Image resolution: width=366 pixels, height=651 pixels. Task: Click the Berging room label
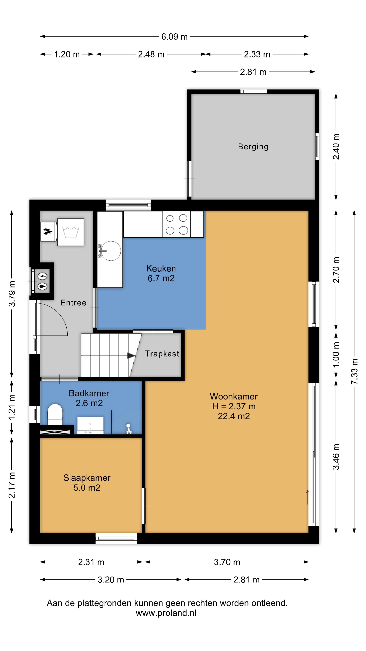253,147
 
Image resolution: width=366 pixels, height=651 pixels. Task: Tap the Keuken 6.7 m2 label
161,273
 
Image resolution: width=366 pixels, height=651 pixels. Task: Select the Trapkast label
162,353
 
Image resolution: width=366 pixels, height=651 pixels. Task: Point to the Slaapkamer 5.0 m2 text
87,483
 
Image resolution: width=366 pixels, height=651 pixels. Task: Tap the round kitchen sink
111,251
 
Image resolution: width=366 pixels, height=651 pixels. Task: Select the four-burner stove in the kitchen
177,224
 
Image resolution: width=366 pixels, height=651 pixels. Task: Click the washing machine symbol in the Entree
71,232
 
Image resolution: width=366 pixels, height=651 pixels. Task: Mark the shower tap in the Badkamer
129,429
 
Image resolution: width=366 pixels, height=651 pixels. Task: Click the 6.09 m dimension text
174,37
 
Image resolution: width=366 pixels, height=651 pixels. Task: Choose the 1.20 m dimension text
67,54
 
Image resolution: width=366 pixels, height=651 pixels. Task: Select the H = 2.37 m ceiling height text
234,406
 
